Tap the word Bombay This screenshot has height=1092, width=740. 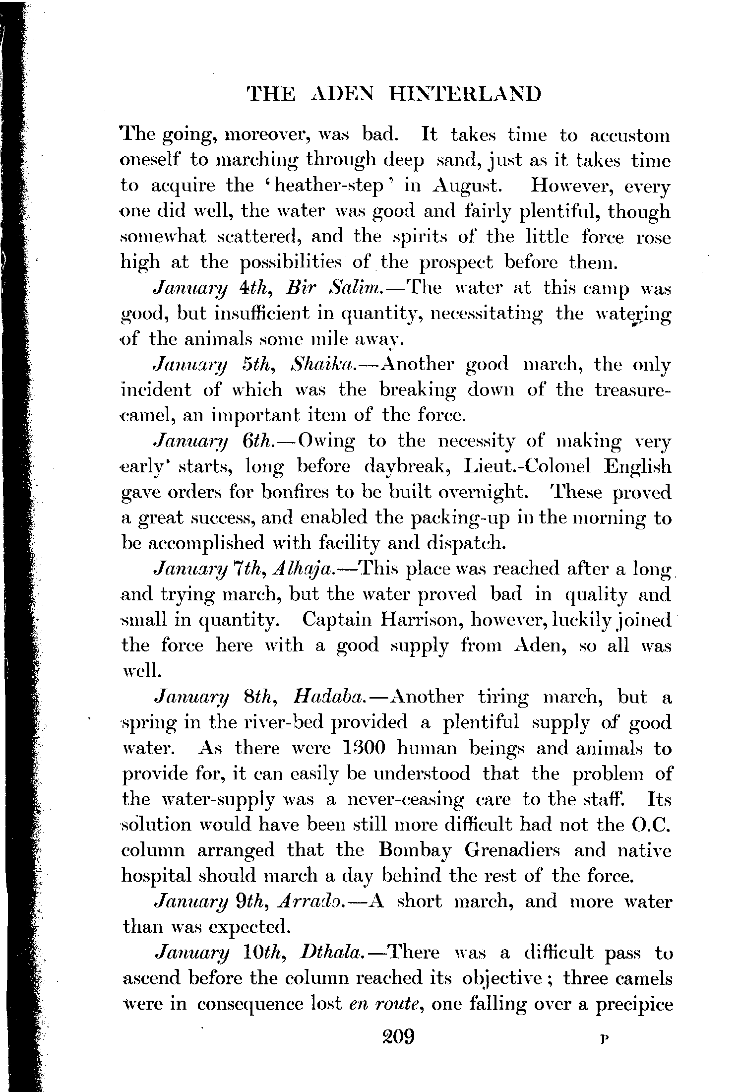415,850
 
